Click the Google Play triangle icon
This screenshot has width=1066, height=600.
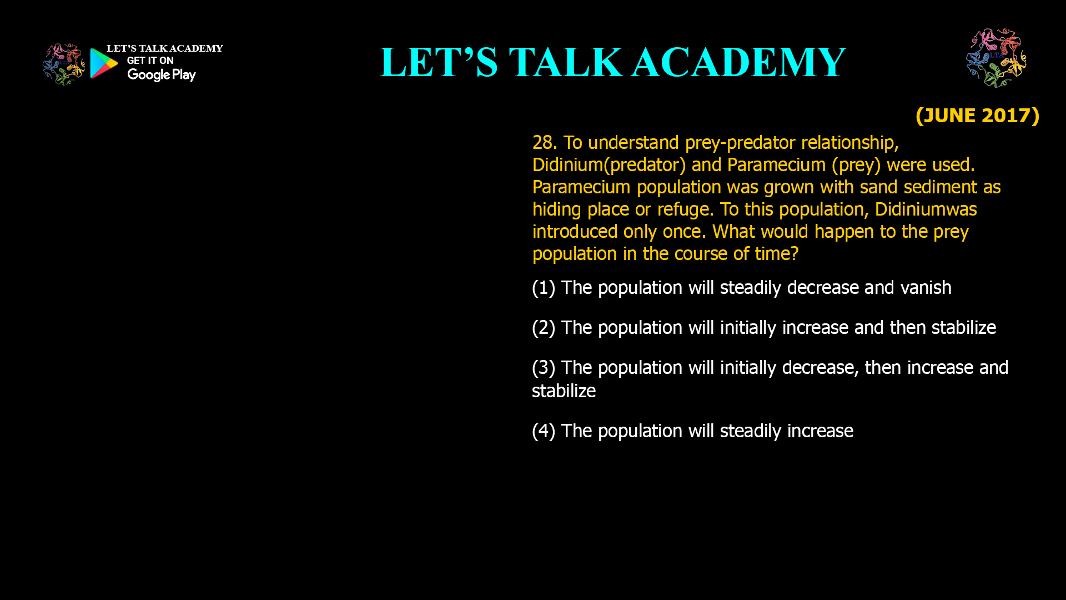[103, 63]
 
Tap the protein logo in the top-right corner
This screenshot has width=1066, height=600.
[996, 58]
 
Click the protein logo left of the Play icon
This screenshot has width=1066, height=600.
[63, 64]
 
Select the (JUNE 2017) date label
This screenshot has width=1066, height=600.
[977, 116]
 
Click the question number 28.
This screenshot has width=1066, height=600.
[544, 143]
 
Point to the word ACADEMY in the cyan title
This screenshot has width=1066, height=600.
[738, 62]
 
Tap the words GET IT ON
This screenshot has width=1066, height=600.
[150, 61]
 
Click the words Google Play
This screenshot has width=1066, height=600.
[161, 75]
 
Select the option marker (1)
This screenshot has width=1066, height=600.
[544, 288]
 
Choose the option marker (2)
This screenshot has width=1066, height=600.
[544, 328]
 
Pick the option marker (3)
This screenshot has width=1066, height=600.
[544, 368]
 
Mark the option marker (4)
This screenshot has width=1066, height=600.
[544, 431]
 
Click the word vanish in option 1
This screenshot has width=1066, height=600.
[926, 288]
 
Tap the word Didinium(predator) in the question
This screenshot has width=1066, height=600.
[609, 165]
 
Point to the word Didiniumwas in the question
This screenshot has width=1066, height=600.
[926, 209]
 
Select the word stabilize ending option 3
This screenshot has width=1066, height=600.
[564, 391]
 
